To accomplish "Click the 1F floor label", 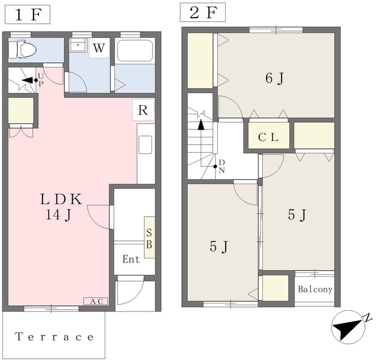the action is [27, 15].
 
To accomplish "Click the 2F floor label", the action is [203, 12].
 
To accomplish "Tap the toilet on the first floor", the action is [23, 50].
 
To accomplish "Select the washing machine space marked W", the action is [99, 48].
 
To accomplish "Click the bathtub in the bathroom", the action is [135, 50].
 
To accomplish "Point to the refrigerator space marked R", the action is [143, 110].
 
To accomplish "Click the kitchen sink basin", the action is [145, 145].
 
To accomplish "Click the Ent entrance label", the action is [131, 259].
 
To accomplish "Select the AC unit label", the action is [96, 301].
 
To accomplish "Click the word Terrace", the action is [54, 336].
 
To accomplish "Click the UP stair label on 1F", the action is [41, 80].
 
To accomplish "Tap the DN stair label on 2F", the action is [222, 166].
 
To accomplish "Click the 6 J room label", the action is [274, 78].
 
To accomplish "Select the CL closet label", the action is [268, 137].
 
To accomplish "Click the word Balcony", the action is [315, 289].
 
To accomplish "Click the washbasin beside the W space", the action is [78, 45].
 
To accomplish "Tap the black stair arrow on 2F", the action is [201, 125].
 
